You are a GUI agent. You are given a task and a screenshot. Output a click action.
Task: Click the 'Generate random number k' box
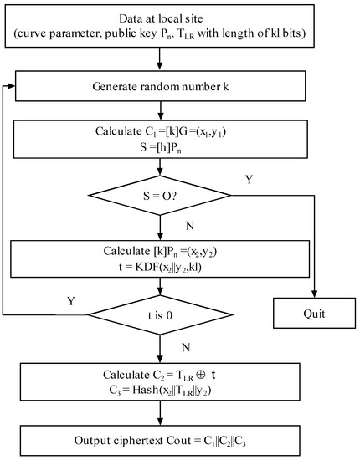pyautogui.click(x=158, y=89)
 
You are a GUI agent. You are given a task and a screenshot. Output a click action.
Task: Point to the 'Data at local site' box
pyautogui.click(x=158, y=29)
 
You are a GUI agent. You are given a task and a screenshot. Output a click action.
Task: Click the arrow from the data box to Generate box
pyautogui.click(x=158, y=61)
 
